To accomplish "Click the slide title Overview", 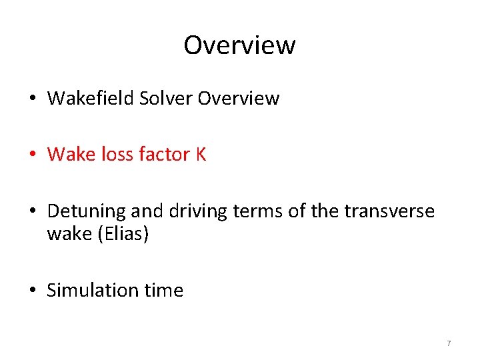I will coord(239,45).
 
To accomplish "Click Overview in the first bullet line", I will coord(239,99).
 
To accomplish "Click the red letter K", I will coord(200,155).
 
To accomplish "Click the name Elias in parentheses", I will coord(121,235).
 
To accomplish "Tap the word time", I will coord(161,291).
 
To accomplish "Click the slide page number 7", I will coord(449,343).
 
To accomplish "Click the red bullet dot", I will coord(33,155).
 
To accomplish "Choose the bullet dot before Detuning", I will coord(33,212).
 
